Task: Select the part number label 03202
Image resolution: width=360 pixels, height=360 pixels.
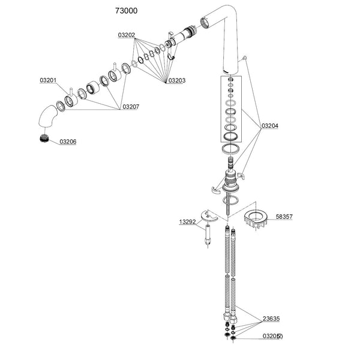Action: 126,36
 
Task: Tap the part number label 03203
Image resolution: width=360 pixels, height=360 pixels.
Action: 177,80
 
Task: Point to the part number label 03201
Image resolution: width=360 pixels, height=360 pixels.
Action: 49,80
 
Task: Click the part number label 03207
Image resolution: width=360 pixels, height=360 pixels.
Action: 131,107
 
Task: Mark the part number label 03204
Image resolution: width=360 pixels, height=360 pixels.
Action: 269,126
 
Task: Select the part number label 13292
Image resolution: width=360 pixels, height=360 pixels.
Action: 187,221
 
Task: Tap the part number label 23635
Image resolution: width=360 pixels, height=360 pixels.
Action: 272,320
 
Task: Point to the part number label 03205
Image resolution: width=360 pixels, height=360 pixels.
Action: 272,336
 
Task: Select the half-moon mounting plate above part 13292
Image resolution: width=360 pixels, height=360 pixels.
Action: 211,215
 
